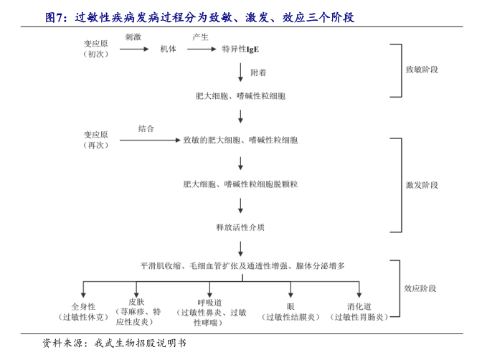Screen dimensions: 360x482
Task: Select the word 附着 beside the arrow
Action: point(259,73)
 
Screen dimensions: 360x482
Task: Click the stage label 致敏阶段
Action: point(422,70)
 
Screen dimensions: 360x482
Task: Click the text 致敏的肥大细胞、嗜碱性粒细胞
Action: point(240,140)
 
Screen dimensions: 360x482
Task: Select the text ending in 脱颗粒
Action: point(240,184)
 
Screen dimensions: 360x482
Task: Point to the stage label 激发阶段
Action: point(422,185)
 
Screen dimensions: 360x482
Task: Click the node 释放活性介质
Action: point(240,227)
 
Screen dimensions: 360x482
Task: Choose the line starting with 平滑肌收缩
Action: point(242,265)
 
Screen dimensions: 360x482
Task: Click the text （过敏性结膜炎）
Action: point(290,316)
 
